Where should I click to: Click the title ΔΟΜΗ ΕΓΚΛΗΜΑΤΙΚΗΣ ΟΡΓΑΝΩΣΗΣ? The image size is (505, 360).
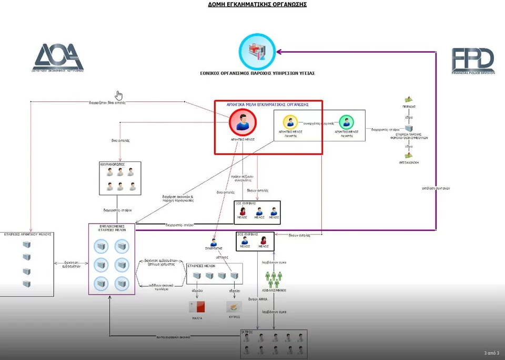pyautogui.click(x=257, y=4)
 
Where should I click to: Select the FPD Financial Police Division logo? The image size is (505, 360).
pyautogui.click(x=473, y=60)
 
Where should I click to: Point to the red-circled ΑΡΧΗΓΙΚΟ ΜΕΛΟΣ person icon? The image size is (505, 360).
pyautogui.click(x=243, y=124)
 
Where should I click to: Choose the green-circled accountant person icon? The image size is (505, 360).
pyautogui.click(x=346, y=123)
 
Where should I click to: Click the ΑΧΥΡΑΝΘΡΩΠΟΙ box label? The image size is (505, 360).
pyautogui.click(x=112, y=164)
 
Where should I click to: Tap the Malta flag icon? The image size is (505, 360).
pyautogui.click(x=196, y=307)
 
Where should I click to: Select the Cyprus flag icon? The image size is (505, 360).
pyautogui.click(x=234, y=307)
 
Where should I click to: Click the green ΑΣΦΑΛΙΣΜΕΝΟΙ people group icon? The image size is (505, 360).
pyautogui.click(x=274, y=278)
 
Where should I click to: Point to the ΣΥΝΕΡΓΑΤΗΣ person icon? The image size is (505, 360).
pyautogui.click(x=214, y=242)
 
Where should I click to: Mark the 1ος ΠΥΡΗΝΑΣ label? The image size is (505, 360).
pyautogui.click(x=245, y=203)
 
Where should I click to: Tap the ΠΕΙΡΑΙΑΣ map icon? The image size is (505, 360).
pyautogui.click(x=408, y=100)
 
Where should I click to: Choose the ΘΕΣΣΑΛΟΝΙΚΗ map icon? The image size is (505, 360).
pyautogui.click(x=408, y=156)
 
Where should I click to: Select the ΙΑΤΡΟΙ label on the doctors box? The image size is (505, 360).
pyautogui.click(x=247, y=333)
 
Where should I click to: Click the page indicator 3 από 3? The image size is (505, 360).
pyautogui.click(x=492, y=352)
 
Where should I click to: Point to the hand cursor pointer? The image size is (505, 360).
pyautogui.click(x=119, y=96)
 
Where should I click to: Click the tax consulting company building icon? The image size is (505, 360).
pyautogui.click(x=409, y=129)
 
